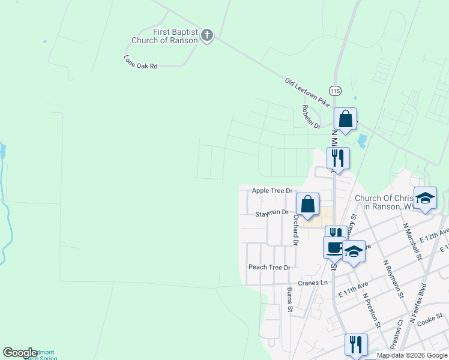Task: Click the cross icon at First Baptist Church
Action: [207, 35]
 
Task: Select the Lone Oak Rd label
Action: [140, 62]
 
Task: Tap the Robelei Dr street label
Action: [312, 116]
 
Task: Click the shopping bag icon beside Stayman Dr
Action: [307, 203]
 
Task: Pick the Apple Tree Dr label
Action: [271, 190]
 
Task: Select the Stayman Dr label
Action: [272, 212]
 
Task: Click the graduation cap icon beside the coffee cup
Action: [354, 250]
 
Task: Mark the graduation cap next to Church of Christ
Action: [425, 198]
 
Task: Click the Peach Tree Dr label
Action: [269, 267]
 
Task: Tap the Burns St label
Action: [289, 300]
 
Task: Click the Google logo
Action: [20, 353]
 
